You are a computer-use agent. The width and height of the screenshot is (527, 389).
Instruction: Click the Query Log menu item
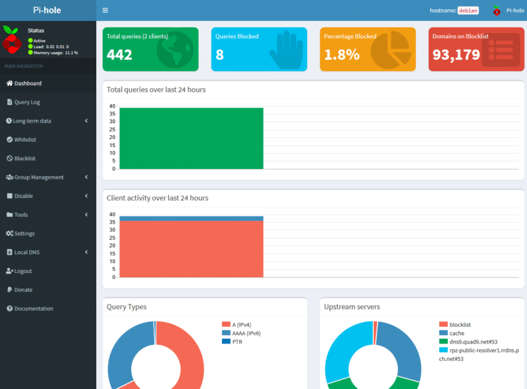click(x=27, y=102)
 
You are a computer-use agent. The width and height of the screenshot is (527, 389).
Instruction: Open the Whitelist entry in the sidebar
click(x=25, y=140)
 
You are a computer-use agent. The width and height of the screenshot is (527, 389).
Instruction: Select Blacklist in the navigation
click(x=25, y=158)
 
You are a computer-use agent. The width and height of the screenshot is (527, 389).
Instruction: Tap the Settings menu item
click(x=24, y=233)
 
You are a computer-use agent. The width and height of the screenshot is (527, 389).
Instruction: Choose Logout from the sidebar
click(x=23, y=271)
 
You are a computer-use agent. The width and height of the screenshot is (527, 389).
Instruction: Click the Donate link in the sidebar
click(x=23, y=289)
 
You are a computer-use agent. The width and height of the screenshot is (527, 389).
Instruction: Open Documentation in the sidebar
click(x=34, y=309)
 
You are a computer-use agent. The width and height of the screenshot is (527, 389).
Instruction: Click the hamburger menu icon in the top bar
click(x=105, y=11)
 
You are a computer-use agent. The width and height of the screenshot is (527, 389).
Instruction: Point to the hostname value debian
click(x=468, y=11)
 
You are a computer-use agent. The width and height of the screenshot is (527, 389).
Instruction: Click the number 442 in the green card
click(x=119, y=55)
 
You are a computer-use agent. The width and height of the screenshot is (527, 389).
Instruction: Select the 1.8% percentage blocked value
click(x=341, y=55)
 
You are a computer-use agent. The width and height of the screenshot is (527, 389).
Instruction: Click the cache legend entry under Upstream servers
click(x=457, y=333)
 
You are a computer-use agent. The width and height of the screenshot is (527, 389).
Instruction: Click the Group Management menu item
click(x=39, y=177)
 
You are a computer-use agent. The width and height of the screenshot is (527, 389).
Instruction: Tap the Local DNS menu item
click(x=27, y=253)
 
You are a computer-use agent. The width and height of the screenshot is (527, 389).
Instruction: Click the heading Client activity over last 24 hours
click(x=157, y=197)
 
